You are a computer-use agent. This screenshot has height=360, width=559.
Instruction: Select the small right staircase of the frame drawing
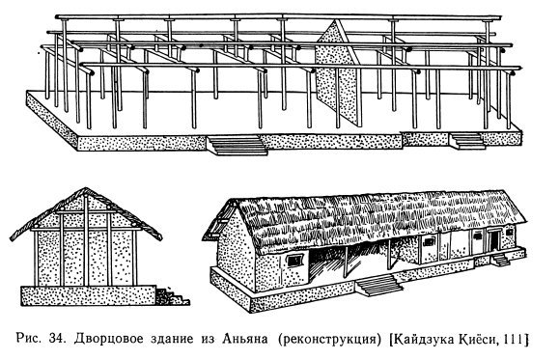(468, 140)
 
